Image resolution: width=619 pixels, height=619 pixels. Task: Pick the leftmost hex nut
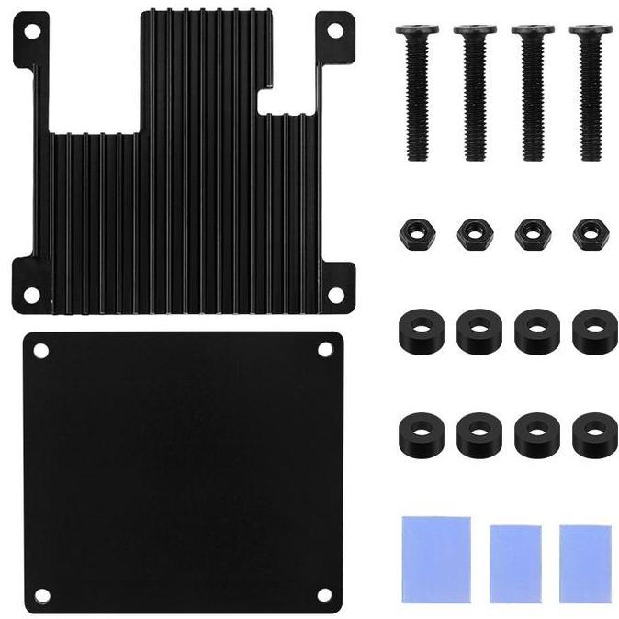click(416, 233)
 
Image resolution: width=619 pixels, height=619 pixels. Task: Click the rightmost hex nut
click(589, 233)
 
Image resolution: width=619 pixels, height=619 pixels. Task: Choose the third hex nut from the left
click(531, 233)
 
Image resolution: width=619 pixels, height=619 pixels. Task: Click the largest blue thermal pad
click(435, 558)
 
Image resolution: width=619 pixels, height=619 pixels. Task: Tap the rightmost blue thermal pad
click(584, 563)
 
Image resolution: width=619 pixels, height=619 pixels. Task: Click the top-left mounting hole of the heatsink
click(31, 31)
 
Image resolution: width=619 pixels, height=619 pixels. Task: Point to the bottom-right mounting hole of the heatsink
click(336, 294)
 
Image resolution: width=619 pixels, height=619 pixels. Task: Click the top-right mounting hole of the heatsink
click(336, 30)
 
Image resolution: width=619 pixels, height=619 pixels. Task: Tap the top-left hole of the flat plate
click(39, 350)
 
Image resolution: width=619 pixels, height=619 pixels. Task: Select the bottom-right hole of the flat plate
click(324, 594)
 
